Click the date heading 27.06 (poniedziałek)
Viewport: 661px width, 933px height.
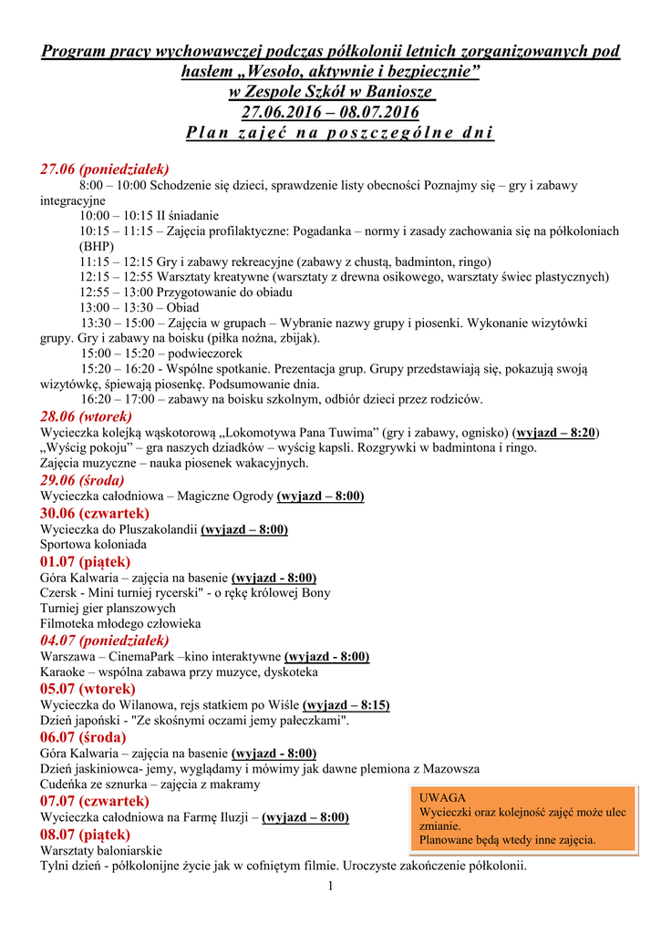(x=104, y=169)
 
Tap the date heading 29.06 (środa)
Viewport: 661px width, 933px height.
(x=82, y=479)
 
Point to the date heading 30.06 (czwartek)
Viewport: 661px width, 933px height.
(x=95, y=513)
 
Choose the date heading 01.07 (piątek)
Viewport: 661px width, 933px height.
(x=85, y=561)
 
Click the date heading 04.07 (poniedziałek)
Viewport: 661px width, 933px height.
(x=104, y=640)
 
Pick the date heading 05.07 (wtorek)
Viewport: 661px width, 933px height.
(x=88, y=689)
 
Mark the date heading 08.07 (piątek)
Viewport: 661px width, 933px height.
(x=85, y=834)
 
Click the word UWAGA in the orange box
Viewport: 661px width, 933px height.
(x=441, y=796)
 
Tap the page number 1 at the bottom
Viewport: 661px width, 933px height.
(x=332, y=887)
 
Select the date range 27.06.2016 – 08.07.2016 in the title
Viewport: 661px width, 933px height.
(x=330, y=112)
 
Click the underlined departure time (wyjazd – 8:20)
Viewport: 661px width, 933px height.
(x=556, y=432)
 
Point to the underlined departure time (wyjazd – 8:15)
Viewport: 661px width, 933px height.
(x=346, y=705)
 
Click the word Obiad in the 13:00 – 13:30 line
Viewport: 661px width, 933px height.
(x=182, y=308)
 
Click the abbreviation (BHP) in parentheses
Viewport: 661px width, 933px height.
(x=96, y=246)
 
